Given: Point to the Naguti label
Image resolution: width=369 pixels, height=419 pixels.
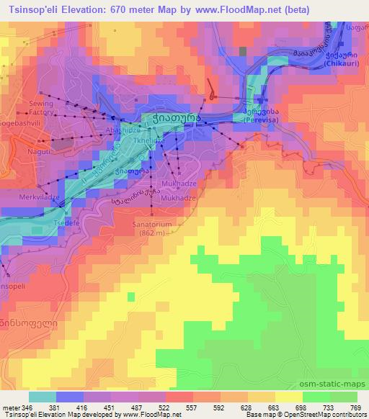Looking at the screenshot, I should [39, 153].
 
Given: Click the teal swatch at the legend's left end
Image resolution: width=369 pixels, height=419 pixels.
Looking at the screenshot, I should [42, 396].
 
